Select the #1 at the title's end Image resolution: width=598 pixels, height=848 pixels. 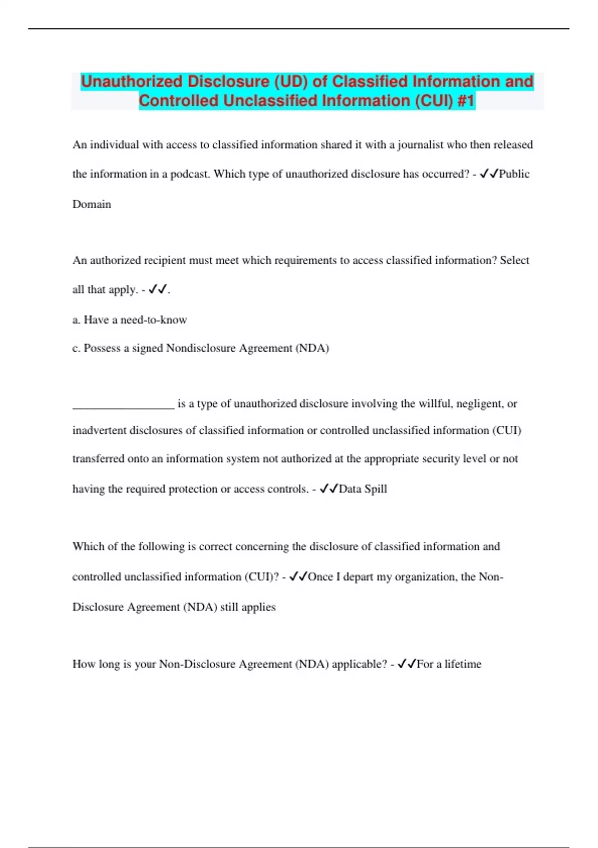(x=466, y=101)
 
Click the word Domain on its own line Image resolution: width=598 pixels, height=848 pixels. (x=92, y=204)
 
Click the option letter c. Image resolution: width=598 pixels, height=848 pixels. (x=76, y=348)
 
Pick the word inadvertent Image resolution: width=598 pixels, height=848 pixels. (x=99, y=430)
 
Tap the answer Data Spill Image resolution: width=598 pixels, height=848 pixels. (x=363, y=489)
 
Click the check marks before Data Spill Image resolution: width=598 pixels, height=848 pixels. (x=328, y=489)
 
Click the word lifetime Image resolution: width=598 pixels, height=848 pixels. (x=463, y=664)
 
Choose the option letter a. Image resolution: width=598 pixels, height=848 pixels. (x=76, y=320)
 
